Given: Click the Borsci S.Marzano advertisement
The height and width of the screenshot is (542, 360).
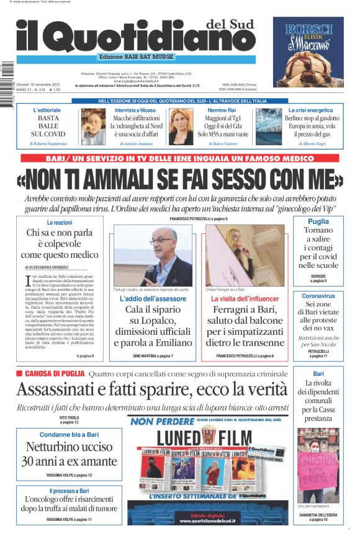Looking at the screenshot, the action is click(x=313, y=52).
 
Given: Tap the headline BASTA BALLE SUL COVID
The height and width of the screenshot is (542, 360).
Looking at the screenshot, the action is click(x=48, y=125).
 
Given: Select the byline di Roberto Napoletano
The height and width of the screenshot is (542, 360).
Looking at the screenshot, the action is click(x=48, y=144).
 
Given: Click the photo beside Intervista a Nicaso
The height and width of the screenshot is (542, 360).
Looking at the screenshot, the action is click(x=94, y=126).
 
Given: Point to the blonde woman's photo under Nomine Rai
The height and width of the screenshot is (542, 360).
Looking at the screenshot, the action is click(x=181, y=126).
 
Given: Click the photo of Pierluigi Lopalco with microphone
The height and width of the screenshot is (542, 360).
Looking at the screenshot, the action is click(x=153, y=255).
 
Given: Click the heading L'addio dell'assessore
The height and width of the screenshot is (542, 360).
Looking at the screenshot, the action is click(x=153, y=299).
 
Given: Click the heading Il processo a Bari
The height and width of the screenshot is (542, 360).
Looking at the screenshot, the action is click(x=70, y=491).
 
